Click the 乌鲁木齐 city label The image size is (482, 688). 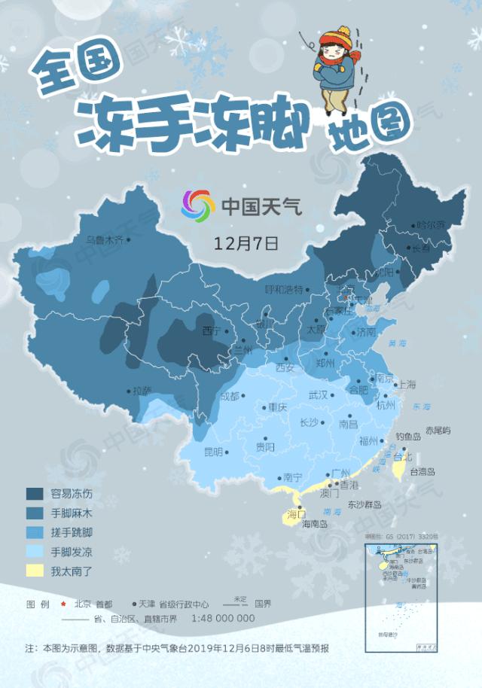pos(105,240)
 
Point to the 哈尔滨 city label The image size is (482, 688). pos(432,224)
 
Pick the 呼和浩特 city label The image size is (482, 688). pos(283,289)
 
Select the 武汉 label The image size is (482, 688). pos(318,395)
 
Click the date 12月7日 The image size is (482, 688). pos(246,243)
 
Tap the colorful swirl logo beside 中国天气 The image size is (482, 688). pos(198,204)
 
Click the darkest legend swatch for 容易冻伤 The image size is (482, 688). pos(35,494)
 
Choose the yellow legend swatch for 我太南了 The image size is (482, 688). pos(35,571)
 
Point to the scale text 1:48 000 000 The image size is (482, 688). pos(224,618)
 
